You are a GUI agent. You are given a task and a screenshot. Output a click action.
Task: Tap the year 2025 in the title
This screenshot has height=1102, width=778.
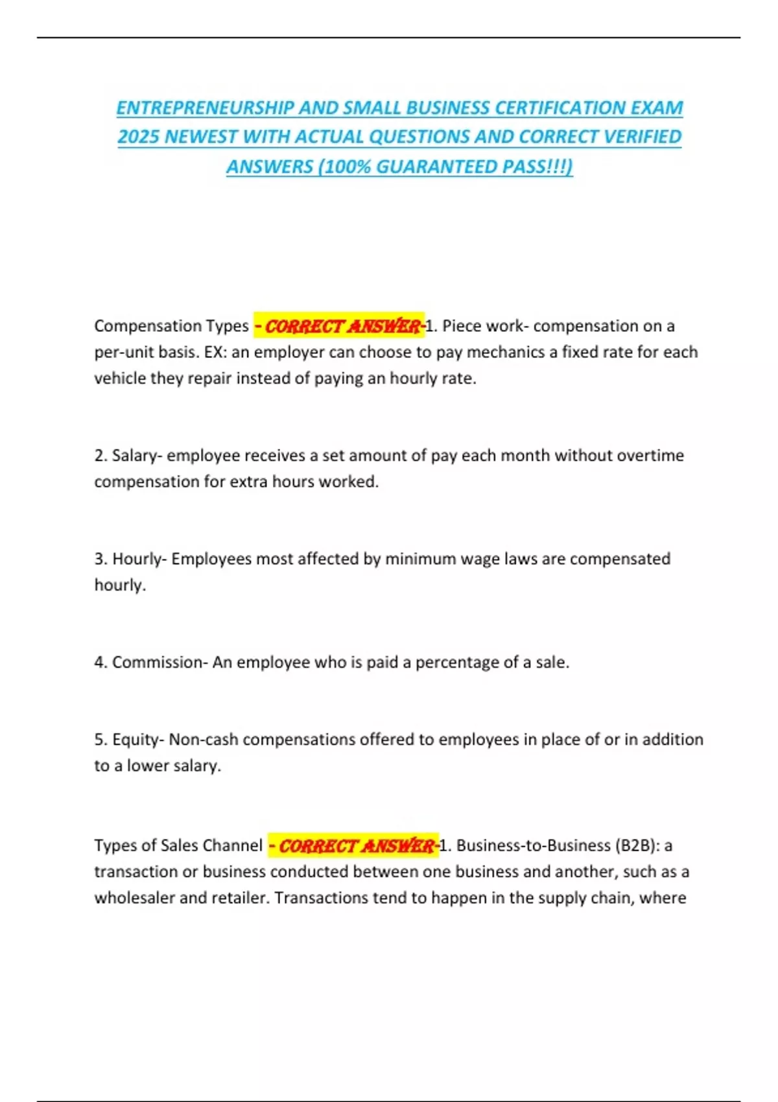[138, 137]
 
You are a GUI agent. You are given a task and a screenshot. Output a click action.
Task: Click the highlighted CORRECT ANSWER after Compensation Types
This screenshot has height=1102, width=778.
[339, 325]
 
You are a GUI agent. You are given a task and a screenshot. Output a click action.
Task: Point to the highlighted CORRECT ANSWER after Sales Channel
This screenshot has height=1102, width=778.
[353, 845]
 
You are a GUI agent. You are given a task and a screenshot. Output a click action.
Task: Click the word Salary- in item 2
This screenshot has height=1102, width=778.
[137, 455]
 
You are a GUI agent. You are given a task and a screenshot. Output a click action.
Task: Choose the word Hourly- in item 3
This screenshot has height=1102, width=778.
[139, 559]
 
